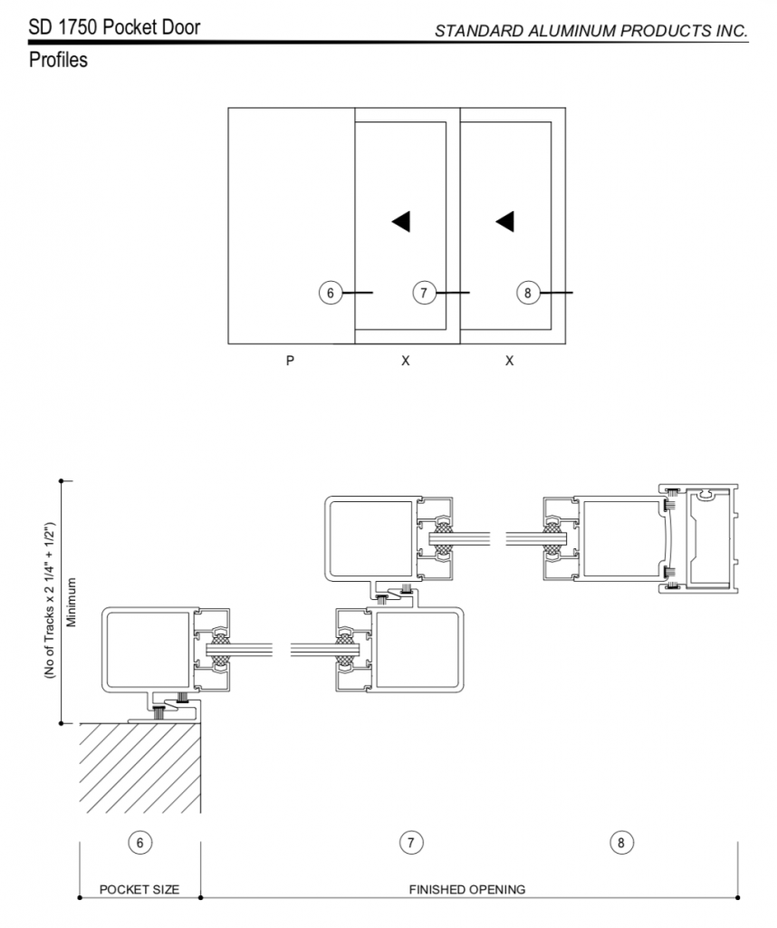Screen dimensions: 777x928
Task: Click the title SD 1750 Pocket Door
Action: [114, 27]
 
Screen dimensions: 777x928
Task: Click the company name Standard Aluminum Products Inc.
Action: [591, 31]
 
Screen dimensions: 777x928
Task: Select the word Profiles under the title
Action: [58, 60]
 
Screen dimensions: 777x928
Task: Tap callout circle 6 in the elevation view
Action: [331, 293]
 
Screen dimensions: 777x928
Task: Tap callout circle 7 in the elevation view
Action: [424, 293]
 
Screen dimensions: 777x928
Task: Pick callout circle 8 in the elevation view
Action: [528, 293]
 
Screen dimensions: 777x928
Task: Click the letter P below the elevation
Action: [290, 361]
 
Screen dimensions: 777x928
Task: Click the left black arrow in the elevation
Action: [401, 221]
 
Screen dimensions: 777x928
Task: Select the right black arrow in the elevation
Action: [505, 221]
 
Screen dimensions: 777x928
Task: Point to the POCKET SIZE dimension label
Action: [139, 890]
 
